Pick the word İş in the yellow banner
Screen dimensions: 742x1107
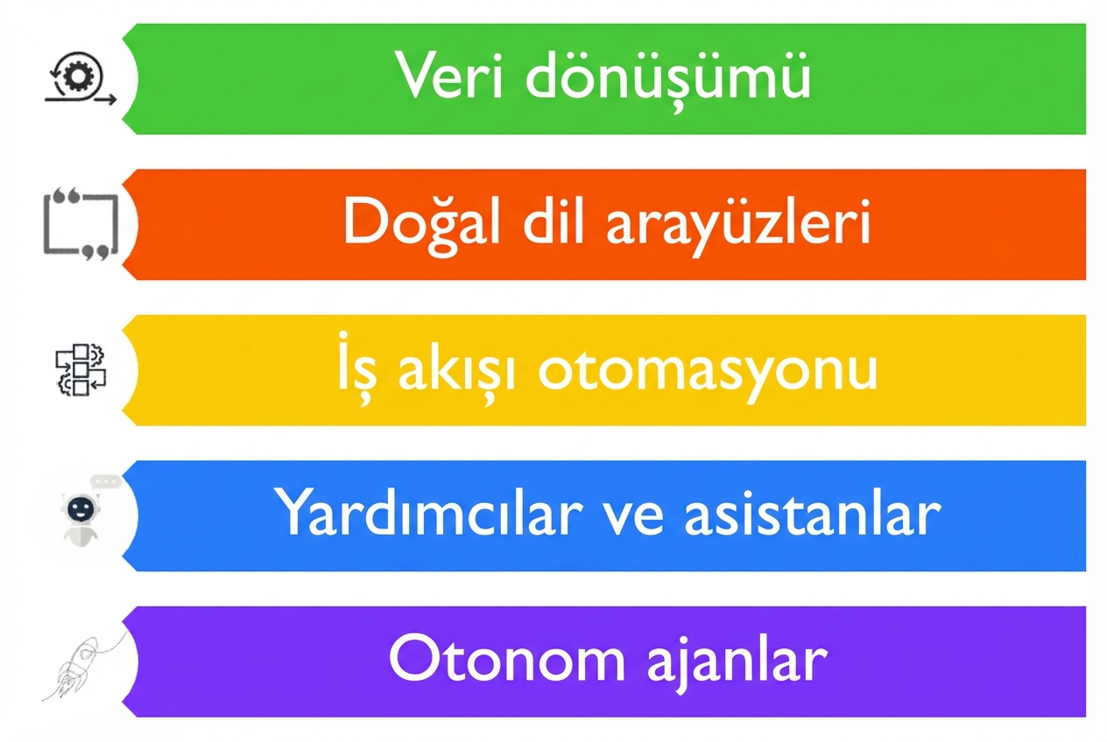coord(356,370)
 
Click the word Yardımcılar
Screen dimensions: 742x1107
coord(428,514)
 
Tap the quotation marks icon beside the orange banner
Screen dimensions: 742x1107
coord(80,223)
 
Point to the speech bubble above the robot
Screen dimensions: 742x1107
coord(106,480)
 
